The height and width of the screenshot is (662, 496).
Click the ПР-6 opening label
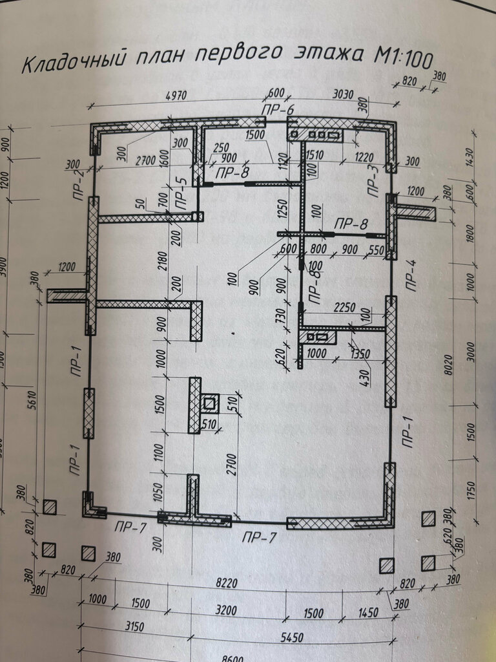point(278,111)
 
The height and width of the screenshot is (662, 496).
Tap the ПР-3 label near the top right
point(372,180)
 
